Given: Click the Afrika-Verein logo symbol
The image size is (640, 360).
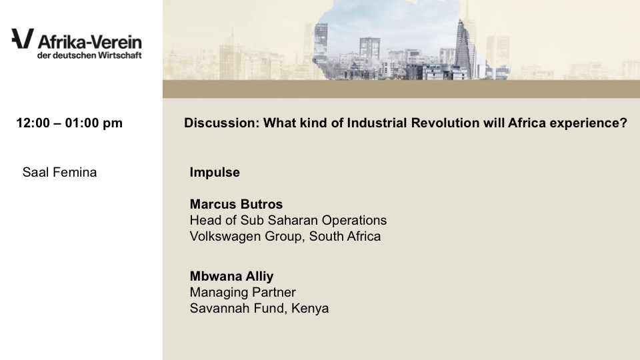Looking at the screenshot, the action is tap(23, 39).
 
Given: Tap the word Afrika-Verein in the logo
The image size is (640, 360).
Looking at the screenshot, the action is tap(90, 42).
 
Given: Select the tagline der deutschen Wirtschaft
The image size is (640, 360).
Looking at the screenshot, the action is tap(89, 55).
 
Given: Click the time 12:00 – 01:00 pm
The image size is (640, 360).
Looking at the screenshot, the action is tap(69, 123).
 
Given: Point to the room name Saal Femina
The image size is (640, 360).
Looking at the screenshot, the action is tap(59, 172).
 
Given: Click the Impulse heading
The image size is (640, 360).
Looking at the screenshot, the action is tap(215, 172).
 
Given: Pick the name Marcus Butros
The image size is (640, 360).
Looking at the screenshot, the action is tap(236, 204).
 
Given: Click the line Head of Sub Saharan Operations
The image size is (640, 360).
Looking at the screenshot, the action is tap(288, 221).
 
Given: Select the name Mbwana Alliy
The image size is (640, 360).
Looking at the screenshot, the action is tap(231, 276).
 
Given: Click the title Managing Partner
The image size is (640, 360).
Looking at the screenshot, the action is tap(243, 292).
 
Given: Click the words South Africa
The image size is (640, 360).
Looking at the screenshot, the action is tap(345, 236).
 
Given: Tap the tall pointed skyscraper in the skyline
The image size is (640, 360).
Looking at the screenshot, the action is tap(464, 48).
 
